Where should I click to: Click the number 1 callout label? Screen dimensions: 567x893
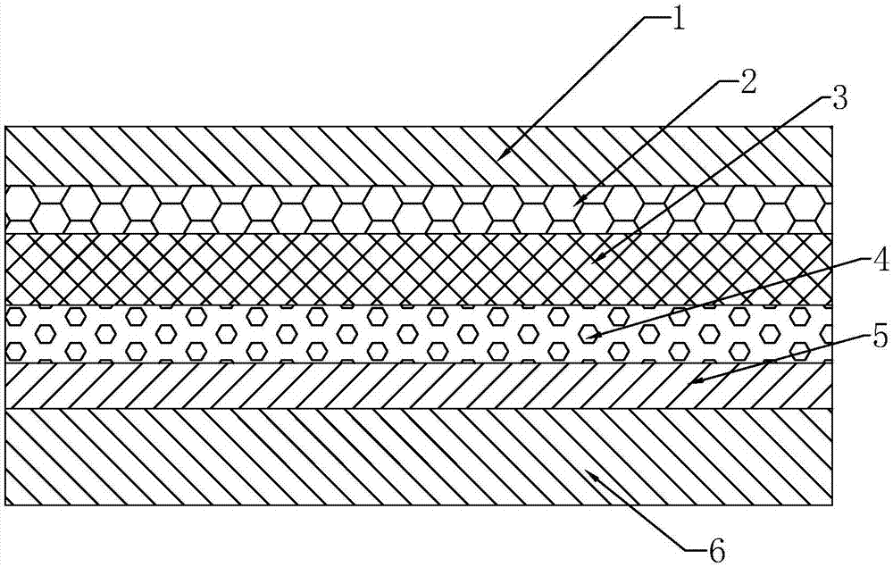pyautogui.click(x=677, y=19)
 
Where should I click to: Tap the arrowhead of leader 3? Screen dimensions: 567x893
pyautogui.click(x=595, y=262)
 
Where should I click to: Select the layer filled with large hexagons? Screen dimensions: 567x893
pyautogui.click(x=268, y=210)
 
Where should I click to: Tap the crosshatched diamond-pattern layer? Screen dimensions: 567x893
pyautogui.click(x=268, y=269)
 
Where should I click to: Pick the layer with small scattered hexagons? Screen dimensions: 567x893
pyautogui.click(x=268, y=333)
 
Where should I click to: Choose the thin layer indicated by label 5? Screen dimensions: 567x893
pyautogui.click(x=268, y=385)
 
